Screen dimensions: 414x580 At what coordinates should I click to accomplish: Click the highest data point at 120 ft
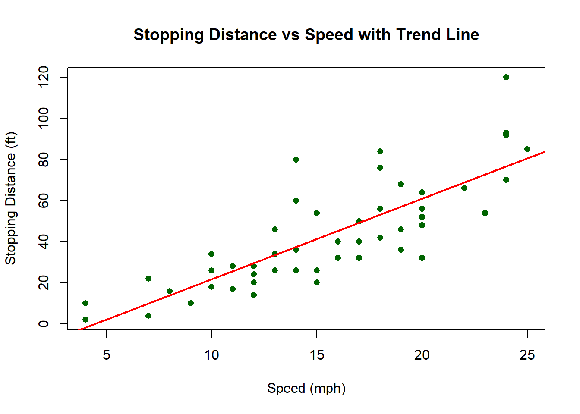coord(506,77)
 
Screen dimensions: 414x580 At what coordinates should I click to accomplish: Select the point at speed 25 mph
coord(527,149)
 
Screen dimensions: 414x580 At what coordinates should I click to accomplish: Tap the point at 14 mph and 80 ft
coord(296,160)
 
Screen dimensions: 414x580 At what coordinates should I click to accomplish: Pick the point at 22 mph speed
coord(464,188)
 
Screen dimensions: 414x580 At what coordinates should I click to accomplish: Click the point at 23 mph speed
coord(485,213)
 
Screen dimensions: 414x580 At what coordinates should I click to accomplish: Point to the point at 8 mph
coord(170,291)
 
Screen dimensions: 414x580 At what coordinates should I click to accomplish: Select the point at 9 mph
coord(191,303)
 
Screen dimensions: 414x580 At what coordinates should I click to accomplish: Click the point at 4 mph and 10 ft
coord(85,303)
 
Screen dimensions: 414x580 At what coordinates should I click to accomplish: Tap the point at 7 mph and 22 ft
coord(148,279)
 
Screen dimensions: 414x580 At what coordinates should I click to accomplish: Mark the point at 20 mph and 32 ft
coord(422,258)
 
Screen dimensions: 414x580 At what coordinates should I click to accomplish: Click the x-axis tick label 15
coord(317,355)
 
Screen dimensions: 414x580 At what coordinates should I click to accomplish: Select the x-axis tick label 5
coord(107,355)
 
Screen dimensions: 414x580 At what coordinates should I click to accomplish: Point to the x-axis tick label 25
coord(527,355)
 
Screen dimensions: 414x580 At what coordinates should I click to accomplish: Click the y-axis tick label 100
coord(44,119)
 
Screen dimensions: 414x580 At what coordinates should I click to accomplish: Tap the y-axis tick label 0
coord(44,324)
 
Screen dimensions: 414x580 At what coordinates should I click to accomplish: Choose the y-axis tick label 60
coord(44,201)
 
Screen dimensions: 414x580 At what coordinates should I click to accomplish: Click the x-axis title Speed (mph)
coord(306,388)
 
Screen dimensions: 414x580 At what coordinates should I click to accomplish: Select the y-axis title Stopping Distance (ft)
coord(10,198)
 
